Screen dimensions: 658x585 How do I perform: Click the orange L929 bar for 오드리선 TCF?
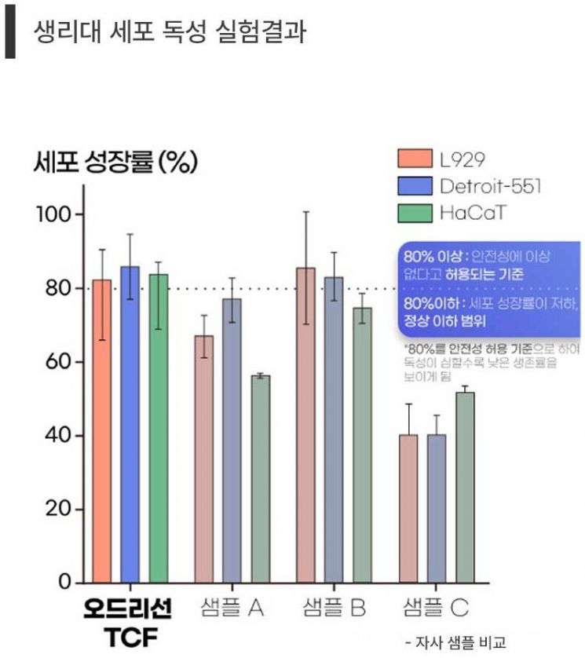click(x=102, y=432)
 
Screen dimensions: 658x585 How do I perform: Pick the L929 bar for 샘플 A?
click(x=204, y=459)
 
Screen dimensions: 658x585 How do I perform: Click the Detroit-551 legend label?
click(x=491, y=186)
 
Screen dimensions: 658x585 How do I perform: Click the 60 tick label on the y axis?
click(x=58, y=362)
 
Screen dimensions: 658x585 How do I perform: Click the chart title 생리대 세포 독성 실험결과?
click(x=170, y=31)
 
